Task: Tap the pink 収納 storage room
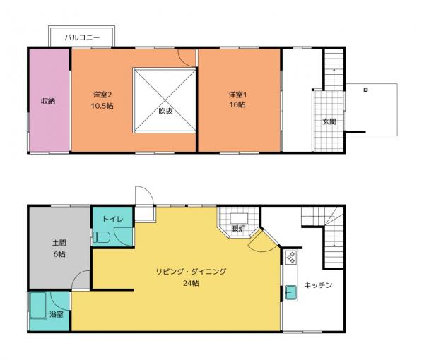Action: pos(48,100)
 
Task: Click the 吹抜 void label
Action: pos(165,111)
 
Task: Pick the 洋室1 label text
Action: pos(237,95)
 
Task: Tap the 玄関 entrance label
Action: pos(329,121)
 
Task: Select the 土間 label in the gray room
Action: pos(59,243)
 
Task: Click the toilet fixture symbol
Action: pos(101,238)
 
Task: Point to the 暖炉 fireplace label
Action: pos(238,228)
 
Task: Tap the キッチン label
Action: pos(318,285)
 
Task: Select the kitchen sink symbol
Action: pos(290,292)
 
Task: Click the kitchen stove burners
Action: pos(290,258)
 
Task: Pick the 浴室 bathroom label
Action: pos(56,314)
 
